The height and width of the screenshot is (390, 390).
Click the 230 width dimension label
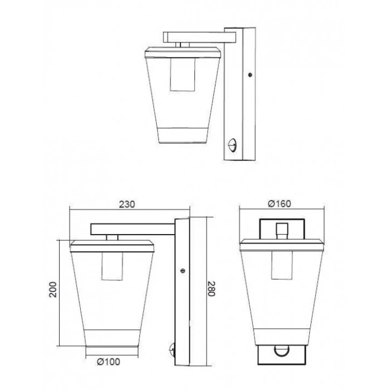coord(127,204)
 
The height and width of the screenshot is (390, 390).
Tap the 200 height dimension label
coord(53,289)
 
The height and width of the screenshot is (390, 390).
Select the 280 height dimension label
coord(211,289)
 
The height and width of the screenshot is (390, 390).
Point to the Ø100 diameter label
coord(109,362)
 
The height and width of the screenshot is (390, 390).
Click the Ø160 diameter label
coord(279,204)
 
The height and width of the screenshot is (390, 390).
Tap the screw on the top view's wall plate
coord(250,74)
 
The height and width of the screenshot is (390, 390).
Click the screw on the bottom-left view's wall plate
coord(182,271)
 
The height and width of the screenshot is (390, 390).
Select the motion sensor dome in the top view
coord(232,145)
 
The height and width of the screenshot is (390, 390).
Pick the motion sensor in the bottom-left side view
coord(172,350)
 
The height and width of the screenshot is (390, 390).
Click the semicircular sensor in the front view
coord(281,351)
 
